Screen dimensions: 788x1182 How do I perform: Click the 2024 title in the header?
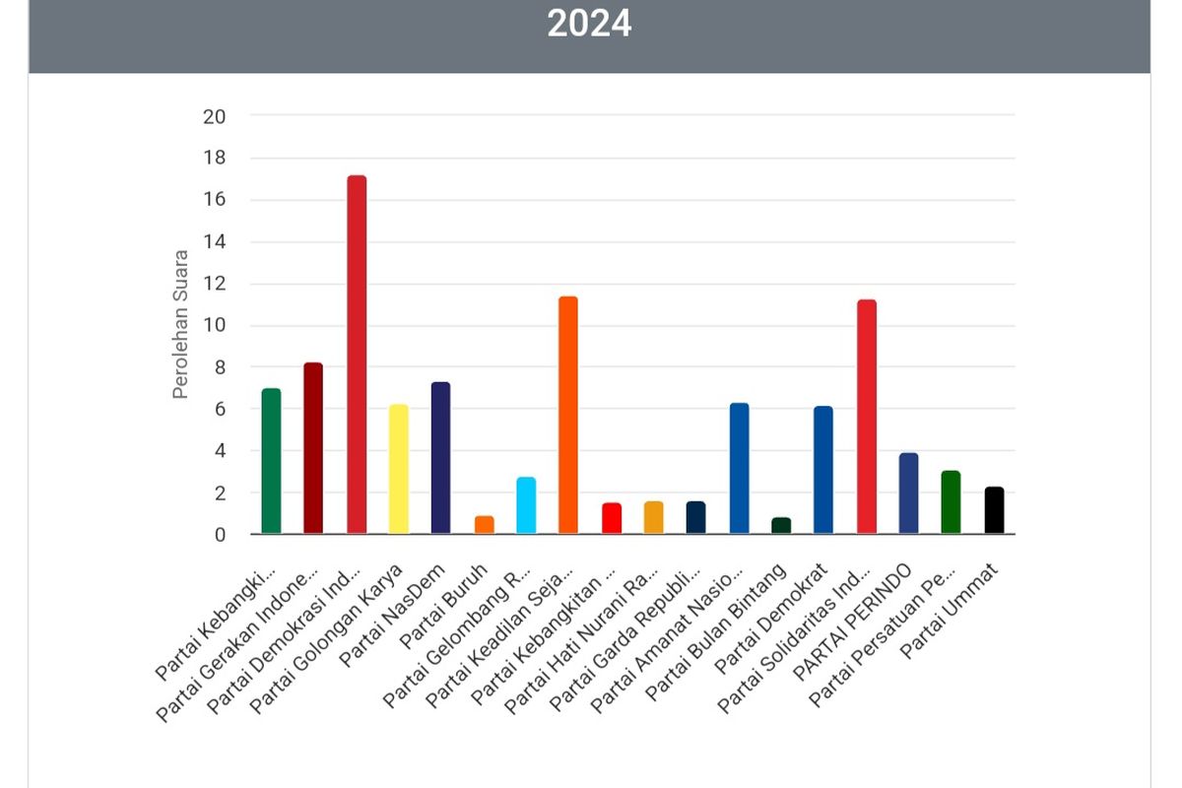tap(589, 24)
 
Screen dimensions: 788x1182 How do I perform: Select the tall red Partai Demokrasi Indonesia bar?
tap(357, 355)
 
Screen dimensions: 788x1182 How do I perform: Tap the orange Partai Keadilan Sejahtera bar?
tap(568, 415)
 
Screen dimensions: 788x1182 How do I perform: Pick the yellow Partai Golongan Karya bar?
tap(399, 469)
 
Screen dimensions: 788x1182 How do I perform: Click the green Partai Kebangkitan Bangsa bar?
tap(272, 461)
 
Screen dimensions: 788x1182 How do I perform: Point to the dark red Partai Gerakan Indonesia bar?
tap(313, 448)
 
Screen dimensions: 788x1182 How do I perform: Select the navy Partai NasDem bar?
tap(440, 458)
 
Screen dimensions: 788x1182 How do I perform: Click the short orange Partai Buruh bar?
tap(484, 525)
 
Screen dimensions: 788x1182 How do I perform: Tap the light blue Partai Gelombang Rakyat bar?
tap(526, 505)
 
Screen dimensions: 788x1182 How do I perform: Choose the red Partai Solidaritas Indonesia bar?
tap(867, 417)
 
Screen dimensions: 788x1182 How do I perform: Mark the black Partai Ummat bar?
tap(994, 510)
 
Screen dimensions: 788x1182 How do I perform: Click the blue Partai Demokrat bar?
tap(823, 470)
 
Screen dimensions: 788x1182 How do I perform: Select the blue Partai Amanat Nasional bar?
tap(739, 469)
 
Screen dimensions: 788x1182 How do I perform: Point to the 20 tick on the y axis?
tap(214, 116)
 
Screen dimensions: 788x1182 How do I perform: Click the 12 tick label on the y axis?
tap(214, 284)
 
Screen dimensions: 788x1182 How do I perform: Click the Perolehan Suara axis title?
tap(180, 324)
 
